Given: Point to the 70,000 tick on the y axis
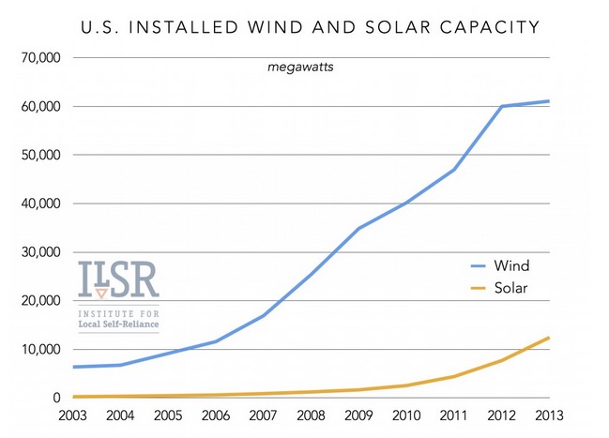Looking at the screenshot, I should point(39,57).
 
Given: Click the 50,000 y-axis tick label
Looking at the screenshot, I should point(39,155).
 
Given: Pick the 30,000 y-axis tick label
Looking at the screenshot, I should point(39,252).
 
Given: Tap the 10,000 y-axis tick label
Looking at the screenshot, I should point(39,350).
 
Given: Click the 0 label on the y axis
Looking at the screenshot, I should point(57,398).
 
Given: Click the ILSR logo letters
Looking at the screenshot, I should point(118,279).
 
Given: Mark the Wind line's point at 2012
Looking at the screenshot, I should point(501,106).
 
